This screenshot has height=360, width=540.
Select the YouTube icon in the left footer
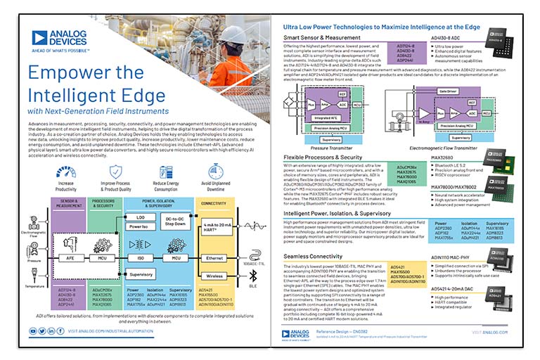33,330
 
